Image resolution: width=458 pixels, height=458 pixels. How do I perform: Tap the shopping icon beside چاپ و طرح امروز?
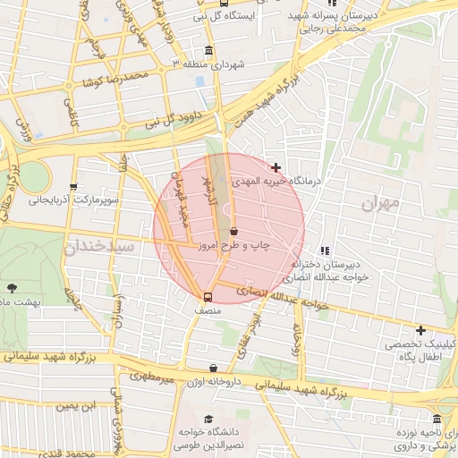pyautogui.click(x=233, y=232)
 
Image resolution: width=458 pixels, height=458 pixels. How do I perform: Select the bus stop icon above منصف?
pyautogui.click(x=208, y=297)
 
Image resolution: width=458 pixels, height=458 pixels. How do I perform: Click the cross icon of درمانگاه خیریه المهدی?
pyautogui.click(x=276, y=167)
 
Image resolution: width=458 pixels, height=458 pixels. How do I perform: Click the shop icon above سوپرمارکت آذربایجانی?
pyautogui.click(x=73, y=186)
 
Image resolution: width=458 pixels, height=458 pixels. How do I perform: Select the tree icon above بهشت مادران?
pyautogui.click(x=12, y=288)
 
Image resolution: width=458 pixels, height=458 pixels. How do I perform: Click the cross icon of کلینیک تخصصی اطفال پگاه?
pyautogui.click(x=420, y=330)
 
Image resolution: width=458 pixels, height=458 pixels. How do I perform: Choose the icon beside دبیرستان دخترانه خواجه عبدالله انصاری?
pyautogui.click(x=324, y=251)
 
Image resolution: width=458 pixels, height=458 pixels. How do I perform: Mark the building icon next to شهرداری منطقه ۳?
pyautogui.click(x=209, y=50)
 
